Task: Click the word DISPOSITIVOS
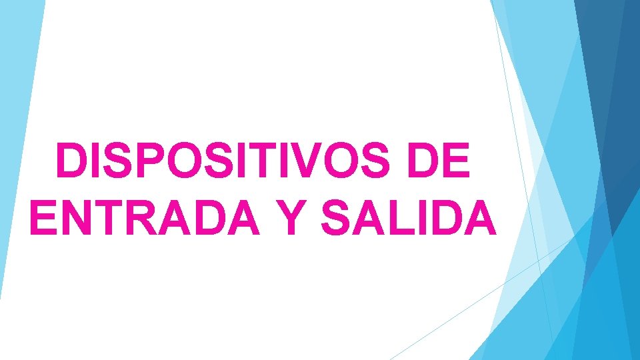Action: pyautogui.click(x=226, y=162)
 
